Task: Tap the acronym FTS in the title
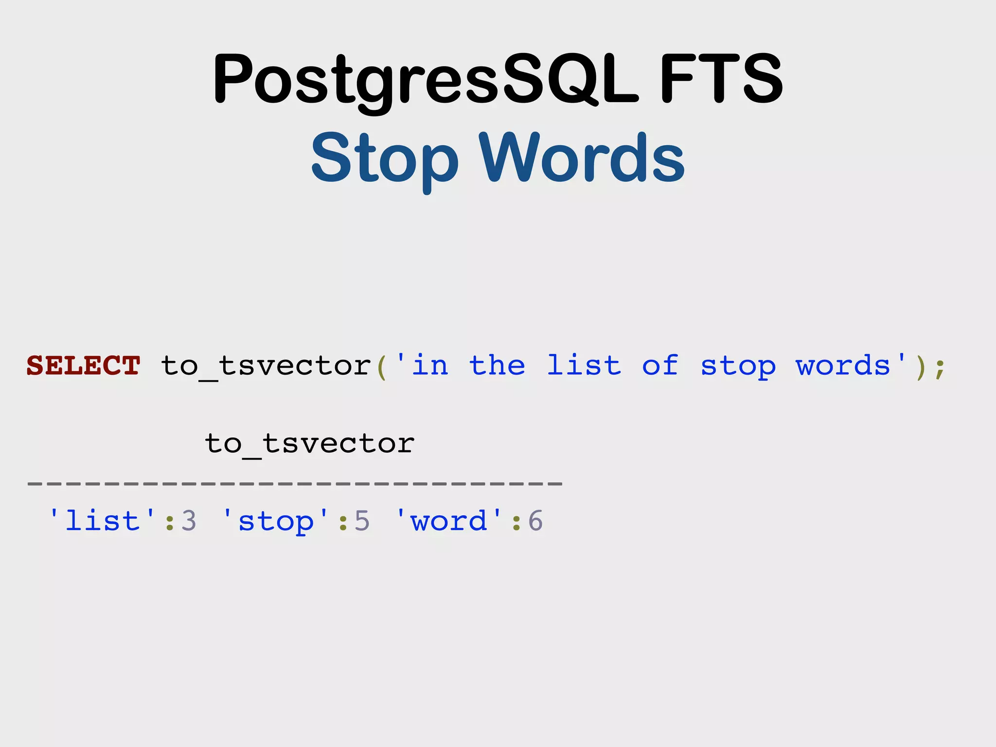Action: coord(721,79)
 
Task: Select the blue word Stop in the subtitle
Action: coord(384,159)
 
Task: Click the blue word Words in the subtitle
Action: coord(582,158)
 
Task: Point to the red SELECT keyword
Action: coord(83,365)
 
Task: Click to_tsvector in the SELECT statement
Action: coord(266,366)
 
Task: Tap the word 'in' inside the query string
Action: coord(430,365)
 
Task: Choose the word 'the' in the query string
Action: coord(497,365)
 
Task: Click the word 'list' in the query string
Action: coord(584,365)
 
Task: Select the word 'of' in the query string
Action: coord(660,365)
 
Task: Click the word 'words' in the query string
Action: coord(843,365)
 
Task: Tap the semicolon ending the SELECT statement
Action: coord(940,368)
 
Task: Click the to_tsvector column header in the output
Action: coord(310,444)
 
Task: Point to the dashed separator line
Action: coord(295,483)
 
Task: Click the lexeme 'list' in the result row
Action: coord(103,521)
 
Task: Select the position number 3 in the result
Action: coord(189,521)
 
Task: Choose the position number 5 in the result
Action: coord(362,521)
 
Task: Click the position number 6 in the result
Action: coord(535,521)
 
